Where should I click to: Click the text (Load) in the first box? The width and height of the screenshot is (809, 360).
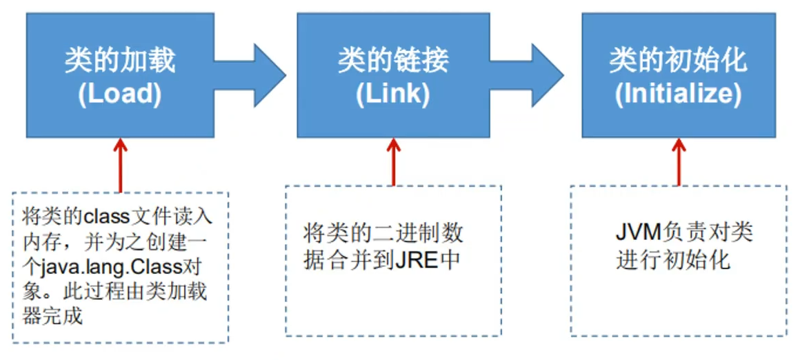(x=120, y=94)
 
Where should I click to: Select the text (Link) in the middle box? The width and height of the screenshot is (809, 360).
(x=393, y=94)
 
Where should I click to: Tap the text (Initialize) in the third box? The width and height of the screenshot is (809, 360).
(x=678, y=94)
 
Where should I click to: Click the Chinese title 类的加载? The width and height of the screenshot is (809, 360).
(x=120, y=61)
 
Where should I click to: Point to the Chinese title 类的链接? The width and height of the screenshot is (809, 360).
(x=393, y=61)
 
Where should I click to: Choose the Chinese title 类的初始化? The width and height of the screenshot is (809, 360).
(x=678, y=61)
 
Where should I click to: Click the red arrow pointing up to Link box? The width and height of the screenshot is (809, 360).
(x=394, y=161)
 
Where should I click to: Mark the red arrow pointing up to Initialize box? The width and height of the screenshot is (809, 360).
(x=679, y=161)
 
